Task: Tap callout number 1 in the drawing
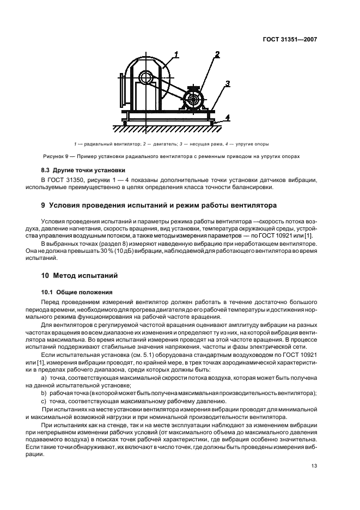click(176, 53)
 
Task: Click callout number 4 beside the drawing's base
click(228, 117)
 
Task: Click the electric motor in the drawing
click(192, 99)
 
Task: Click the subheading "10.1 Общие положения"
click(77, 292)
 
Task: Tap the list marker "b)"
click(44, 392)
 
